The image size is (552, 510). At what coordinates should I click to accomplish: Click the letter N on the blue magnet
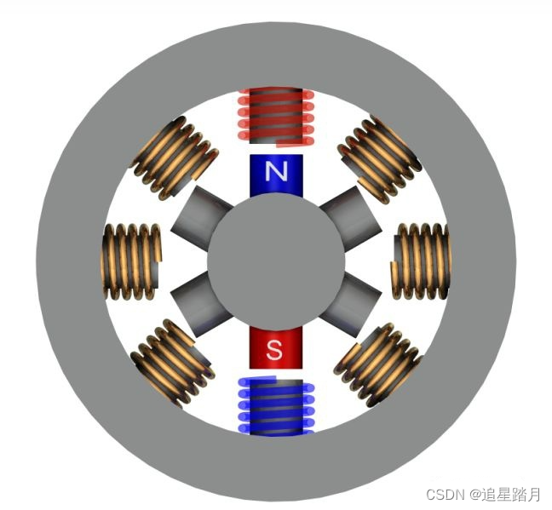point(276,173)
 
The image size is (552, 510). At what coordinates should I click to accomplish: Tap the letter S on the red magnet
point(275,348)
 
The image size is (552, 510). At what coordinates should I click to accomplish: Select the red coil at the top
point(276,117)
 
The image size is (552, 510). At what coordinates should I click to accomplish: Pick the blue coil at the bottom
point(276,406)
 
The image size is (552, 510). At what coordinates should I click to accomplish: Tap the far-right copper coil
point(421,261)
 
